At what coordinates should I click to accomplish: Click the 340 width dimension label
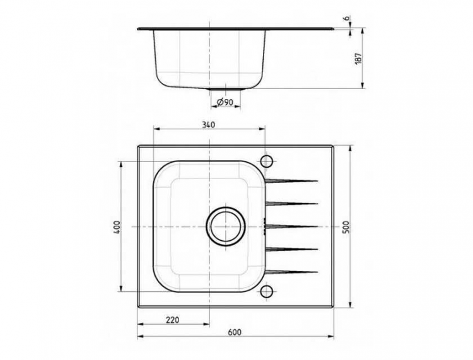point(208,124)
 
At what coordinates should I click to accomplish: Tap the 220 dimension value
point(172,320)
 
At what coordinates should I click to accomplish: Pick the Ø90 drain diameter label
point(225,102)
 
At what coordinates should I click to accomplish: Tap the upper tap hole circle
point(266,158)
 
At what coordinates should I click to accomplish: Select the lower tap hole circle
point(266,291)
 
